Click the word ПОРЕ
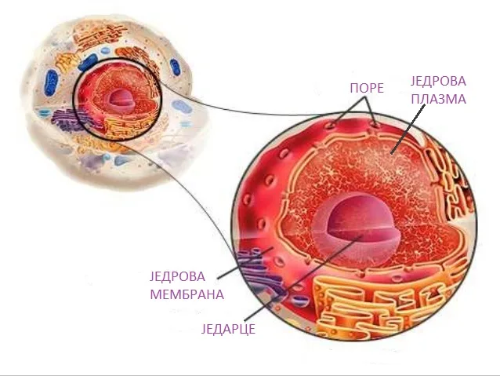367,88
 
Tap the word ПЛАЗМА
438,99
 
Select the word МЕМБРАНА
187,294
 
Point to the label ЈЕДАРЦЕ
228,328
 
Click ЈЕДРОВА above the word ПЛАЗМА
438,81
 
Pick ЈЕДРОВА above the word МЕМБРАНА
178,276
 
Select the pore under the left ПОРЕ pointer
330,125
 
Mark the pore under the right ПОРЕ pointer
376,125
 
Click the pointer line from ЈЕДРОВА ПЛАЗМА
408,129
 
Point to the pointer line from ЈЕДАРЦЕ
303,277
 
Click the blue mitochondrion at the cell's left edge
51,82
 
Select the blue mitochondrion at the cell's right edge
175,67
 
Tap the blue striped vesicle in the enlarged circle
299,299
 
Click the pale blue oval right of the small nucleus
182,107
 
